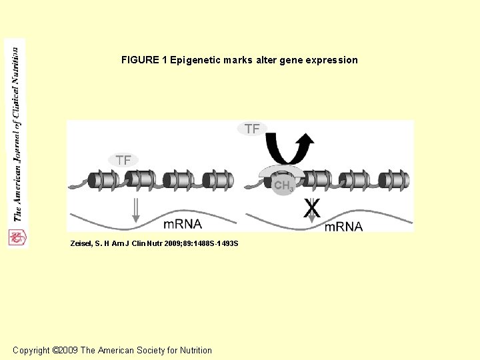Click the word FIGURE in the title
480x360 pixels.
(x=139, y=60)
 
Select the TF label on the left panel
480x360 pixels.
(x=123, y=160)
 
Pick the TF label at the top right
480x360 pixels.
(x=252, y=129)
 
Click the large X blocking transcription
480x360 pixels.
(x=311, y=209)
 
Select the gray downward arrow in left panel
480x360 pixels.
(x=136, y=209)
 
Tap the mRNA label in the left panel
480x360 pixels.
(x=183, y=224)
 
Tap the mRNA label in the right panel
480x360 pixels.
(x=343, y=227)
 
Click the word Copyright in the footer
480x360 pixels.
(x=31, y=351)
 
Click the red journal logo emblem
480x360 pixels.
(x=16, y=237)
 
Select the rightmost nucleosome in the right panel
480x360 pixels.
(x=397, y=179)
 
